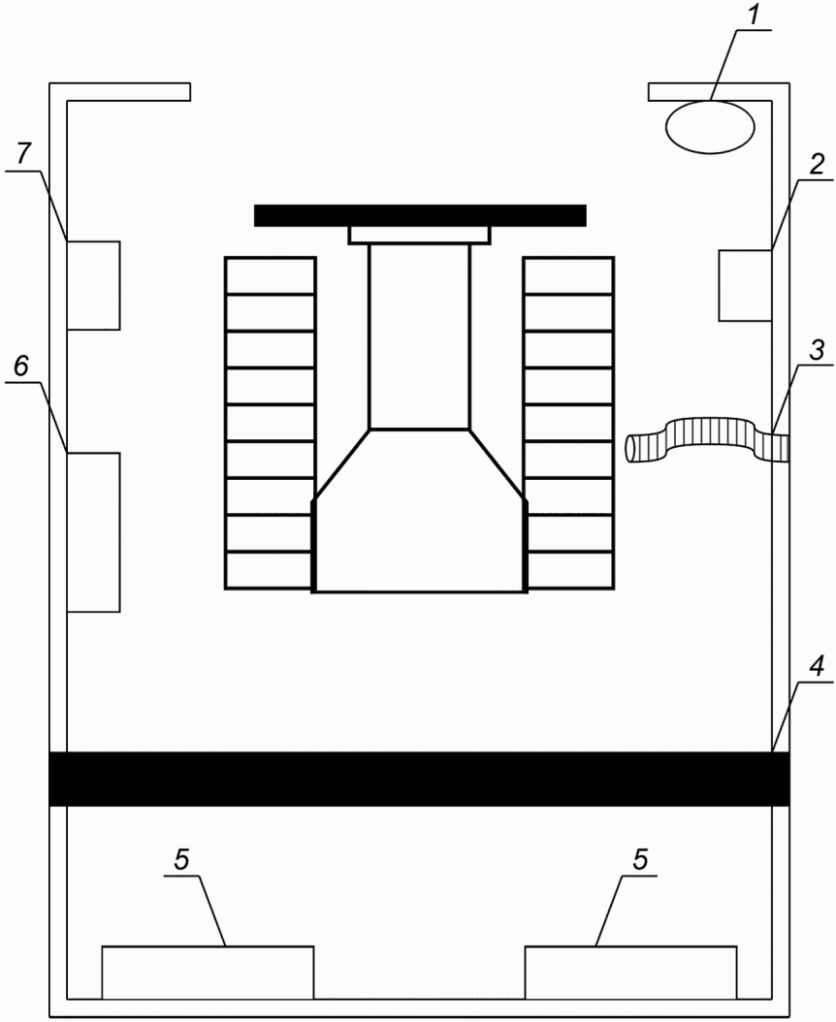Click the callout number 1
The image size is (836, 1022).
[x=755, y=15]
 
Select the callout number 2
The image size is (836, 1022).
[x=818, y=164]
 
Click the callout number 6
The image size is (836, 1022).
[x=21, y=367]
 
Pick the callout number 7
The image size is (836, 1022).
[x=23, y=153]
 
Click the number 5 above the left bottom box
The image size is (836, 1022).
[x=182, y=860]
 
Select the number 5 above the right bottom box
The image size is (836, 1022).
[x=641, y=860]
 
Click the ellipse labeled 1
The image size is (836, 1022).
[x=710, y=126]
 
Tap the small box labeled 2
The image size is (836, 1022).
[x=746, y=285]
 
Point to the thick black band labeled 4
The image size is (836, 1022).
[x=419, y=779]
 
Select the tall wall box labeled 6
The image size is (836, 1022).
[x=93, y=532]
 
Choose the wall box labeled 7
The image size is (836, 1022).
[x=93, y=285]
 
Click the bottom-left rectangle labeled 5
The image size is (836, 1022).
[x=208, y=972]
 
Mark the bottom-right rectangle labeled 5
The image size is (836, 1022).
[x=631, y=972]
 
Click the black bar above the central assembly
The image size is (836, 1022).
[x=420, y=215]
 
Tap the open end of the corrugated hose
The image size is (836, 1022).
[x=631, y=449]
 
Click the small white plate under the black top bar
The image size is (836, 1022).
[x=419, y=235]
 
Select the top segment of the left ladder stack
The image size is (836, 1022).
[x=271, y=275]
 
